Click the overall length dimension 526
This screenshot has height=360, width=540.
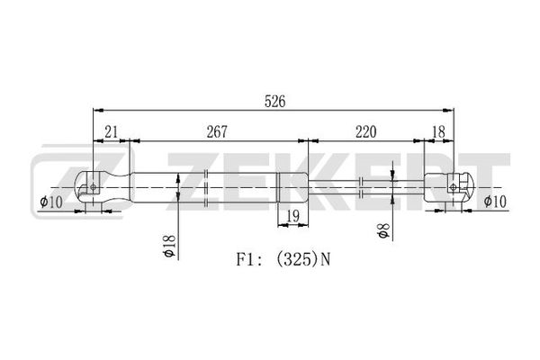click(274, 102)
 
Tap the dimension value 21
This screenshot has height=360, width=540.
click(112, 132)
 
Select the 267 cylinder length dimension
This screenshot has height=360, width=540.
click(217, 132)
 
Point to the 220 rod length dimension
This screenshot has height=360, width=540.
click(365, 132)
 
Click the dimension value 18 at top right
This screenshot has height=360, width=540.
click(438, 132)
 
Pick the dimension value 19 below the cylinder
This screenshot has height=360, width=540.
click(292, 216)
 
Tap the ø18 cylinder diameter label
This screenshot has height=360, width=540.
click(170, 246)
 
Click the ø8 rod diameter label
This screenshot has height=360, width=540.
click(383, 230)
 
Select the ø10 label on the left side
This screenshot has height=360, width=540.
click(51, 202)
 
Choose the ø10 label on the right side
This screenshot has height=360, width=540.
click(495, 202)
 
